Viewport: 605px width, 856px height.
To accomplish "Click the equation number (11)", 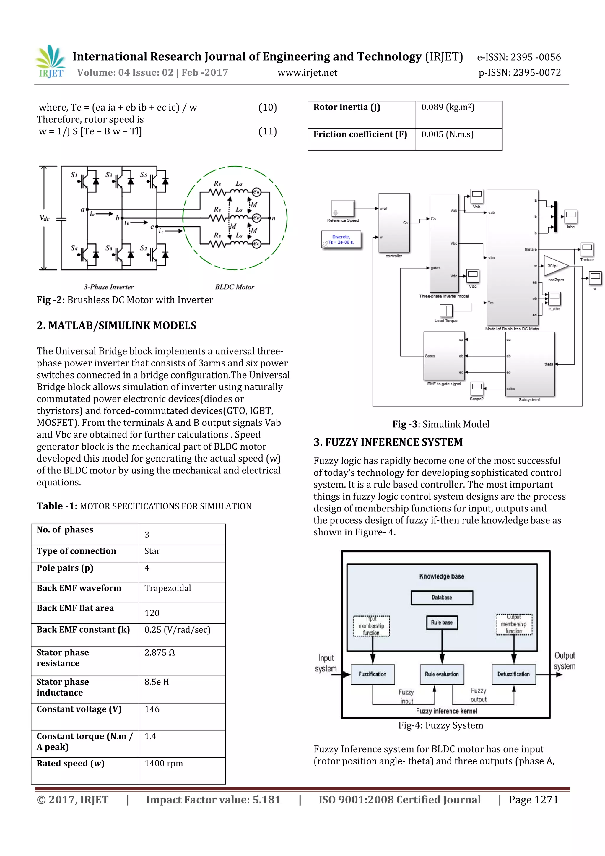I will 267,131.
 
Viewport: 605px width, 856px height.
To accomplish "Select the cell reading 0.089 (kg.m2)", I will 447,107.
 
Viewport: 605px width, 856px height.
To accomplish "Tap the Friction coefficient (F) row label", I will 360,134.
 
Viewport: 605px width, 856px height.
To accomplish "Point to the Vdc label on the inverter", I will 45,218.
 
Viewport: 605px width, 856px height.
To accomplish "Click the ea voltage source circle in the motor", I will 256,192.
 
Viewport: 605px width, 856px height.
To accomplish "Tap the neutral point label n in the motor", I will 274,218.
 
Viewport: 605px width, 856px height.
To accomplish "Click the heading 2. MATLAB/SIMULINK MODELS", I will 116,326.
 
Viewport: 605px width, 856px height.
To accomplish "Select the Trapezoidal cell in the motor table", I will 167,588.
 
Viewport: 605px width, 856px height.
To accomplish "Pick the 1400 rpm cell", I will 164,763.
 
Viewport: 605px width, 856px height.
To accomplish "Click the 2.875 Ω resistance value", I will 160,652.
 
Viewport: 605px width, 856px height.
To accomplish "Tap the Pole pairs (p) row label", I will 65,568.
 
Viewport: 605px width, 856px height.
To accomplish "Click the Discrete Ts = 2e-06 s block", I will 341,240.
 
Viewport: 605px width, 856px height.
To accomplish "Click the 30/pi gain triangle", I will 554,266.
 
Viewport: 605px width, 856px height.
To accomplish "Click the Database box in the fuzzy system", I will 442,597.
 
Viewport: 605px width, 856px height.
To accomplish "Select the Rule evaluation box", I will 442,674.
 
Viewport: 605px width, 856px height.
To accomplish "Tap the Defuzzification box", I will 513,674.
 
